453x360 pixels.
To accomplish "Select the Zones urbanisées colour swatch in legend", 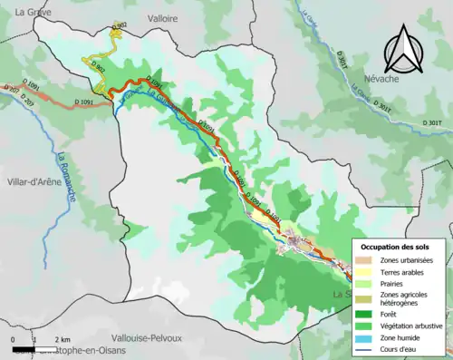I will coord(365,235).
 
